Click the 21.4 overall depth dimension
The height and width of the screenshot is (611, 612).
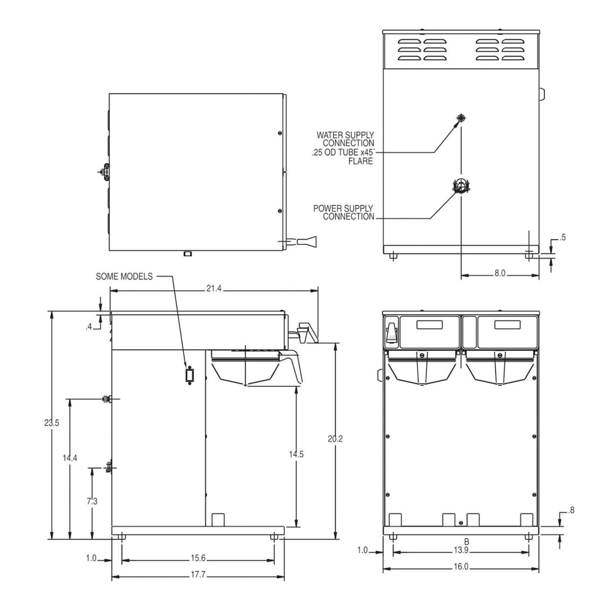(214, 289)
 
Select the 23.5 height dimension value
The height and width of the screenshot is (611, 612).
(51, 423)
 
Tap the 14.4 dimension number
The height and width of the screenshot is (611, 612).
(69, 458)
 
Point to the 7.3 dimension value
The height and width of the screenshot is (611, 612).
(92, 502)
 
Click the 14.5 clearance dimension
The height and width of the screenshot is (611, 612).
(296, 454)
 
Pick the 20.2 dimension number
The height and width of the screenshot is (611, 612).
(335, 439)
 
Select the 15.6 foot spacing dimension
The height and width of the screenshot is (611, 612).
(198, 558)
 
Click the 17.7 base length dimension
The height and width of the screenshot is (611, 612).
(198, 575)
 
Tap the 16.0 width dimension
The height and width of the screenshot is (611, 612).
(461, 567)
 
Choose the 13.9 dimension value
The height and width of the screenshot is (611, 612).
(461, 550)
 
